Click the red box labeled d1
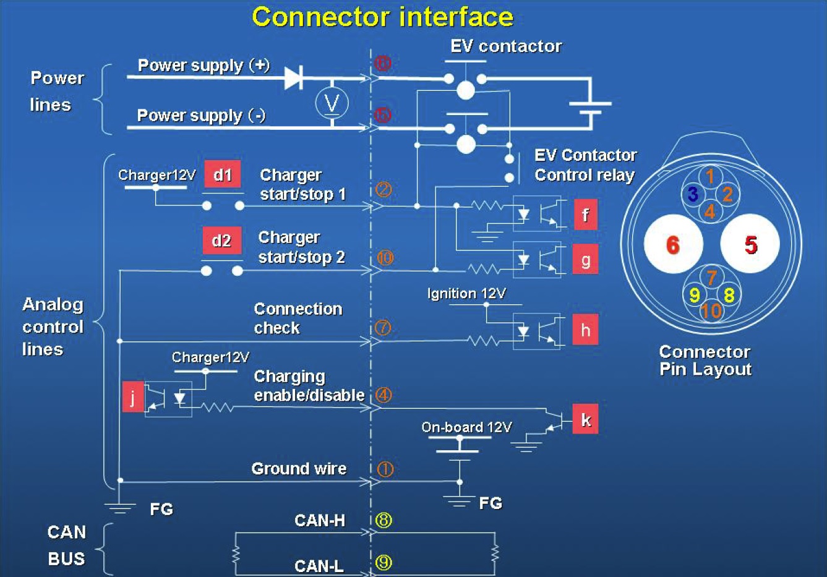pos(222,175)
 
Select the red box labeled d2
pos(221,241)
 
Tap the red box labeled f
pos(585,215)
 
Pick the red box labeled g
pos(585,260)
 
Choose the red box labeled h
pos(585,330)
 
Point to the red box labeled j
pos(133,396)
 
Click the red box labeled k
pos(585,420)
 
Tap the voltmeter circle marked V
pos(332,103)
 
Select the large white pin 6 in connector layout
pos(673,244)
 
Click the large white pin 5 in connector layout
pos(750,244)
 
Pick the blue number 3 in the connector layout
pos(693,194)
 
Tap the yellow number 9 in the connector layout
pos(695,295)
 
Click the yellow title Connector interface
pos(382,17)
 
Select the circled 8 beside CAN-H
pos(384,520)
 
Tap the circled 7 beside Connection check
pos(383,327)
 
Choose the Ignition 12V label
pos(466,293)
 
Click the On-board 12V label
pos(466,427)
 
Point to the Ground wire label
pos(299,469)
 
